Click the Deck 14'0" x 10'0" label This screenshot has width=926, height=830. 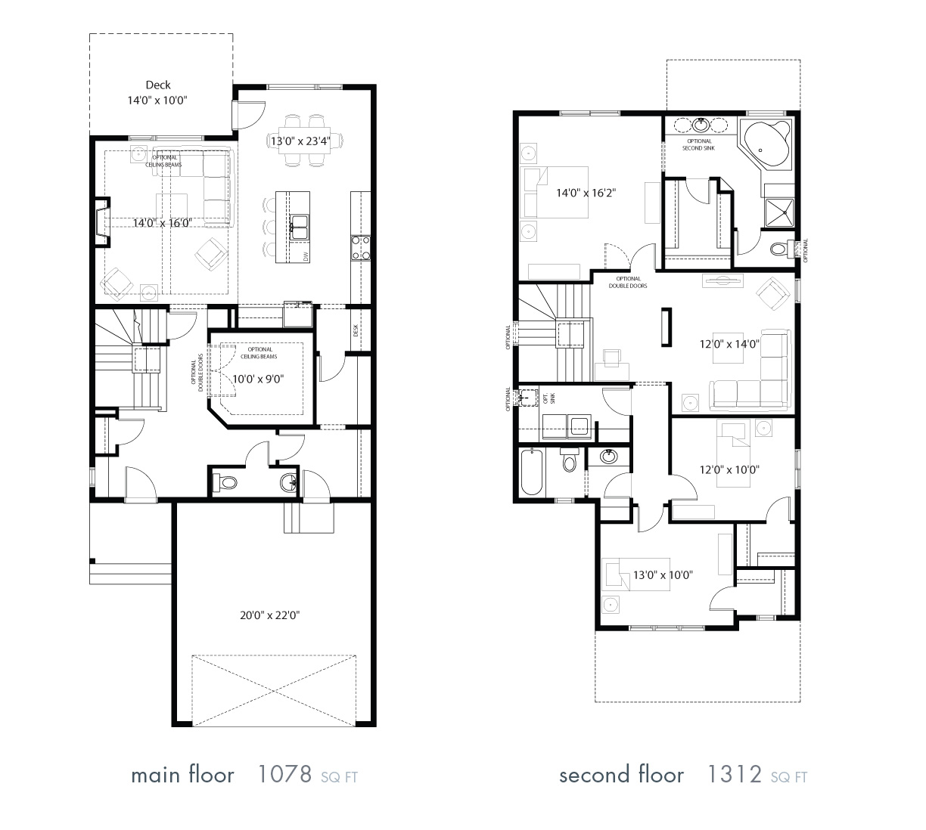[158, 93]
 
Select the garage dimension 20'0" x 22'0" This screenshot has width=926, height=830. [270, 615]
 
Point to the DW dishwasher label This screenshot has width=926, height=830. [306, 257]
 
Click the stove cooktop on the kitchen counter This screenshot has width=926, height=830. [360, 248]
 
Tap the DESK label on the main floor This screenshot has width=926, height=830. [356, 330]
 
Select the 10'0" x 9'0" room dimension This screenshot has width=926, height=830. [257, 379]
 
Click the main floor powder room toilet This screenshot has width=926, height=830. [225, 482]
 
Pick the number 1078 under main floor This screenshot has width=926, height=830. [284, 775]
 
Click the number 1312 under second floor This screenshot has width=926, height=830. [735, 775]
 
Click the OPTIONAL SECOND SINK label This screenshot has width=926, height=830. [698, 144]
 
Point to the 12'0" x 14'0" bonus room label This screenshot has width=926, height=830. [729, 343]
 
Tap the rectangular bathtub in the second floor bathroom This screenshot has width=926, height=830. [532, 472]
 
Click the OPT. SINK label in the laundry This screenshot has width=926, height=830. [549, 398]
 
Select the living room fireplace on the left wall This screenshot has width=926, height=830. [100, 223]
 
